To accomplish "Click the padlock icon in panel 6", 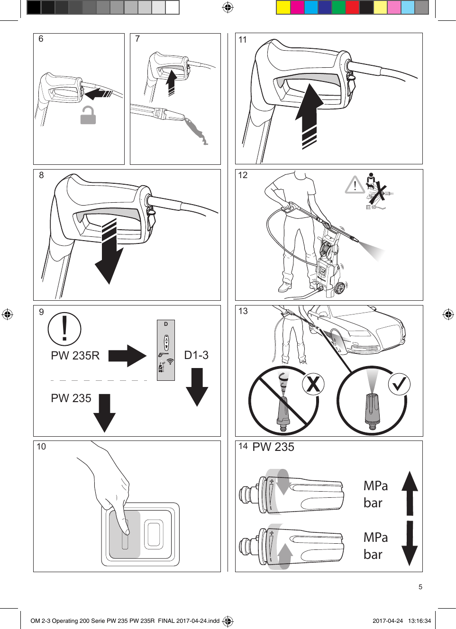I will tap(88, 115).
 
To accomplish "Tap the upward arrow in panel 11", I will tap(309, 116).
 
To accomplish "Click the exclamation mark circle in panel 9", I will tap(64, 329).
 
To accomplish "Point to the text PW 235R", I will tap(75, 356).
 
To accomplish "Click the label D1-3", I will tap(196, 355).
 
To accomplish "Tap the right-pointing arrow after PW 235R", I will tap(127, 356).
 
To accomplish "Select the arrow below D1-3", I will tap(197, 387).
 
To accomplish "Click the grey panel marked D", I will tap(166, 350).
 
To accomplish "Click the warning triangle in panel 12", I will tap(355, 185).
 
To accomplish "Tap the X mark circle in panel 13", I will tap(313, 384).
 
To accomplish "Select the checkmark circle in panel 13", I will tap(399, 384).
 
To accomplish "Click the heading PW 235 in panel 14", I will tap(273, 447).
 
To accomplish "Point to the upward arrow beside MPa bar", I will tap(410, 493).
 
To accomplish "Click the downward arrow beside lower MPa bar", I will tap(410, 543).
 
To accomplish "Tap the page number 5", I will tap(420, 587).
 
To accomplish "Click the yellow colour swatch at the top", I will tap(283, 8).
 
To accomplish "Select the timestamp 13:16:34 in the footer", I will tap(420, 621).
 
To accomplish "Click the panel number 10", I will tap(41, 447).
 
